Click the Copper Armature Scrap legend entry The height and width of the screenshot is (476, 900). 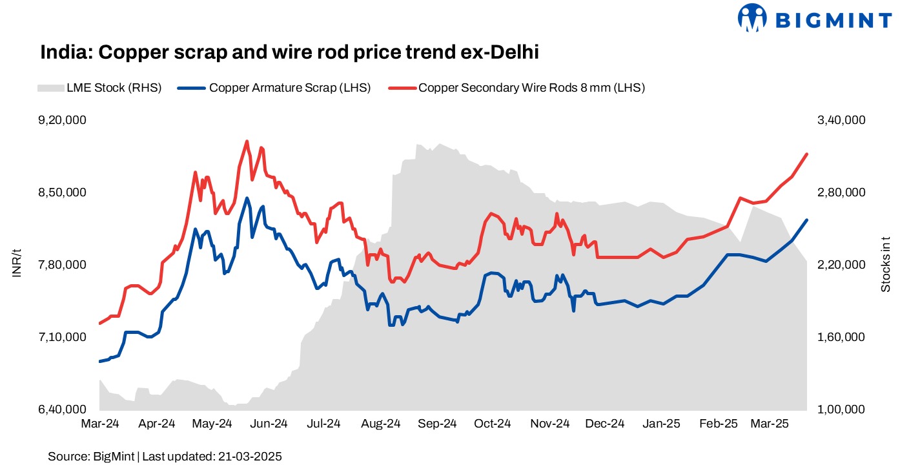274,88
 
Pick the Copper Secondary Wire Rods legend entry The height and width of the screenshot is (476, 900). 516,88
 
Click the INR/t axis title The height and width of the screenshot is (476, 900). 17,265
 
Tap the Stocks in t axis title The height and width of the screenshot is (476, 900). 885,265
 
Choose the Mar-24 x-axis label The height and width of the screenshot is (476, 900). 100,424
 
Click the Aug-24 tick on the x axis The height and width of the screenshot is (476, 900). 380,424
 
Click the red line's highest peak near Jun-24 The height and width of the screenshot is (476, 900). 247,141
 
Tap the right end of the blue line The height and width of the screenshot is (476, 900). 807,220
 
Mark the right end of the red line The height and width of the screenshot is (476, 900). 807,154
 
